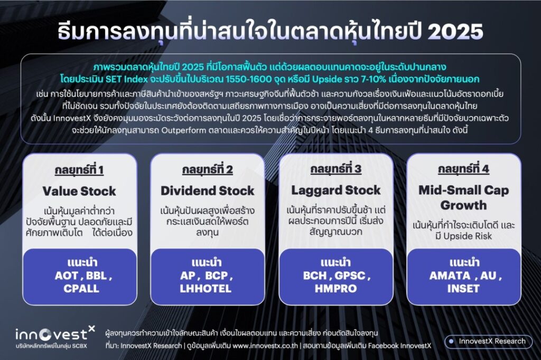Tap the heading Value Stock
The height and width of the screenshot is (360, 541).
(x=79, y=191)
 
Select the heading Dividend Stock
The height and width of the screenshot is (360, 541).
(x=207, y=191)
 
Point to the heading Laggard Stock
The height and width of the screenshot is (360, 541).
(x=335, y=190)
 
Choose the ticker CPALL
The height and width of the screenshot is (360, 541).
(x=81, y=289)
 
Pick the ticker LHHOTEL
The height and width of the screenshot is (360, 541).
(x=206, y=289)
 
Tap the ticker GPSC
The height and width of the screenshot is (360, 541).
(x=350, y=276)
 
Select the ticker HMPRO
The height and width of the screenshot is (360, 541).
(x=335, y=289)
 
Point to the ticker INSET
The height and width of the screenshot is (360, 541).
(x=463, y=289)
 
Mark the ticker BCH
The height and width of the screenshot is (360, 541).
(x=315, y=276)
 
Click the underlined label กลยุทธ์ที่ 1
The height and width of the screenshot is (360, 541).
(x=79, y=170)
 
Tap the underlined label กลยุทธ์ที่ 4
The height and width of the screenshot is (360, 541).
(x=464, y=169)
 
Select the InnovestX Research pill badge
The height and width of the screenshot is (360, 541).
(x=488, y=342)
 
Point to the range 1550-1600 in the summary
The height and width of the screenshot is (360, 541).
(x=248, y=79)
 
